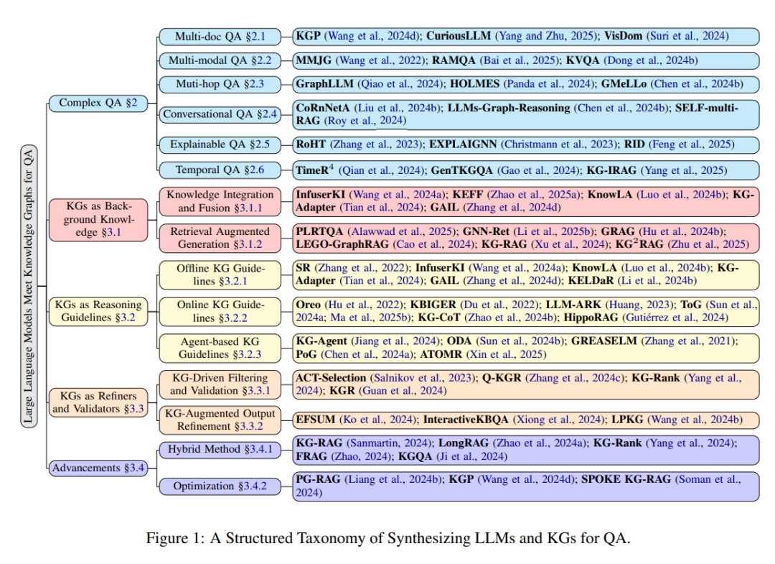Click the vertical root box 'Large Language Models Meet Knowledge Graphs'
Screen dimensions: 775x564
[x=29, y=286]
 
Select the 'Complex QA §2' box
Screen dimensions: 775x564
[x=98, y=103]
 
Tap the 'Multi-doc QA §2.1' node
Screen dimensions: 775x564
[x=220, y=37]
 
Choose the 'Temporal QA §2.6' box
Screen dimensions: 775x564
[x=220, y=170]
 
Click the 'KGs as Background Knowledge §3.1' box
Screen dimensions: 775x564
[x=98, y=219]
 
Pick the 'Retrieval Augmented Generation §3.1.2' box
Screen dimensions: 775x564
[x=220, y=238]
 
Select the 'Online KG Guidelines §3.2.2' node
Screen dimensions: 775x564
[x=220, y=311]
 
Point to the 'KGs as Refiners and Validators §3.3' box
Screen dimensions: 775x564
[x=98, y=402]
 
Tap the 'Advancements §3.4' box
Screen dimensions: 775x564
[x=98, y=468]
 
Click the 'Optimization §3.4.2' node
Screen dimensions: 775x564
[x=220, y=486]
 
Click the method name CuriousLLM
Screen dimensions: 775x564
[x=459, y=36]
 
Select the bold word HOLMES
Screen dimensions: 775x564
[x=474, y=84]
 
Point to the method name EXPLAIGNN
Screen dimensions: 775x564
[x=463, y=144]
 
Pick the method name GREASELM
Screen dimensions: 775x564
[x=604, y=341]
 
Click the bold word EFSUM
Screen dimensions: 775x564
[x=315, y=420]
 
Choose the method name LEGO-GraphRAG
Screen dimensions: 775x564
[x=342, y=244]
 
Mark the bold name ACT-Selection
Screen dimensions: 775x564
[x=331, y=378]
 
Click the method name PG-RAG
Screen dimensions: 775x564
[x=318, y=479]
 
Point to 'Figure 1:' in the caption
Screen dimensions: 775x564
[x=175, y=538]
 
